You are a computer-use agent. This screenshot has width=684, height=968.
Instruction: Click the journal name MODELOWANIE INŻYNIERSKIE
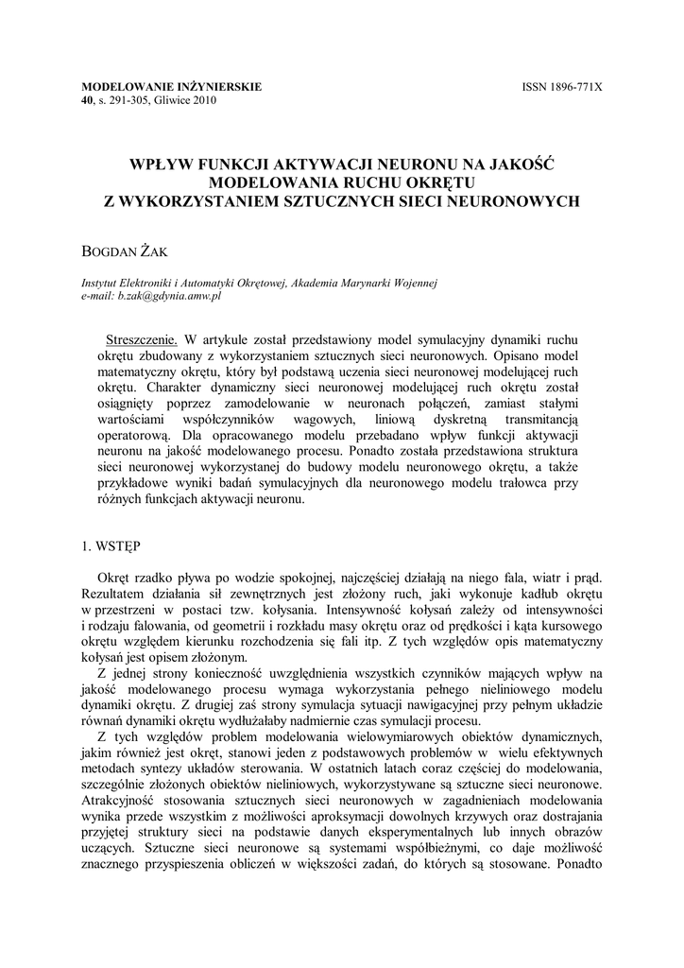click(172, 87)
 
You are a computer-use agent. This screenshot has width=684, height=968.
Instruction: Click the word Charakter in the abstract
click(160, 388)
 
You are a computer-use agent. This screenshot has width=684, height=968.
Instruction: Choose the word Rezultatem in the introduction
click(118, 593)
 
